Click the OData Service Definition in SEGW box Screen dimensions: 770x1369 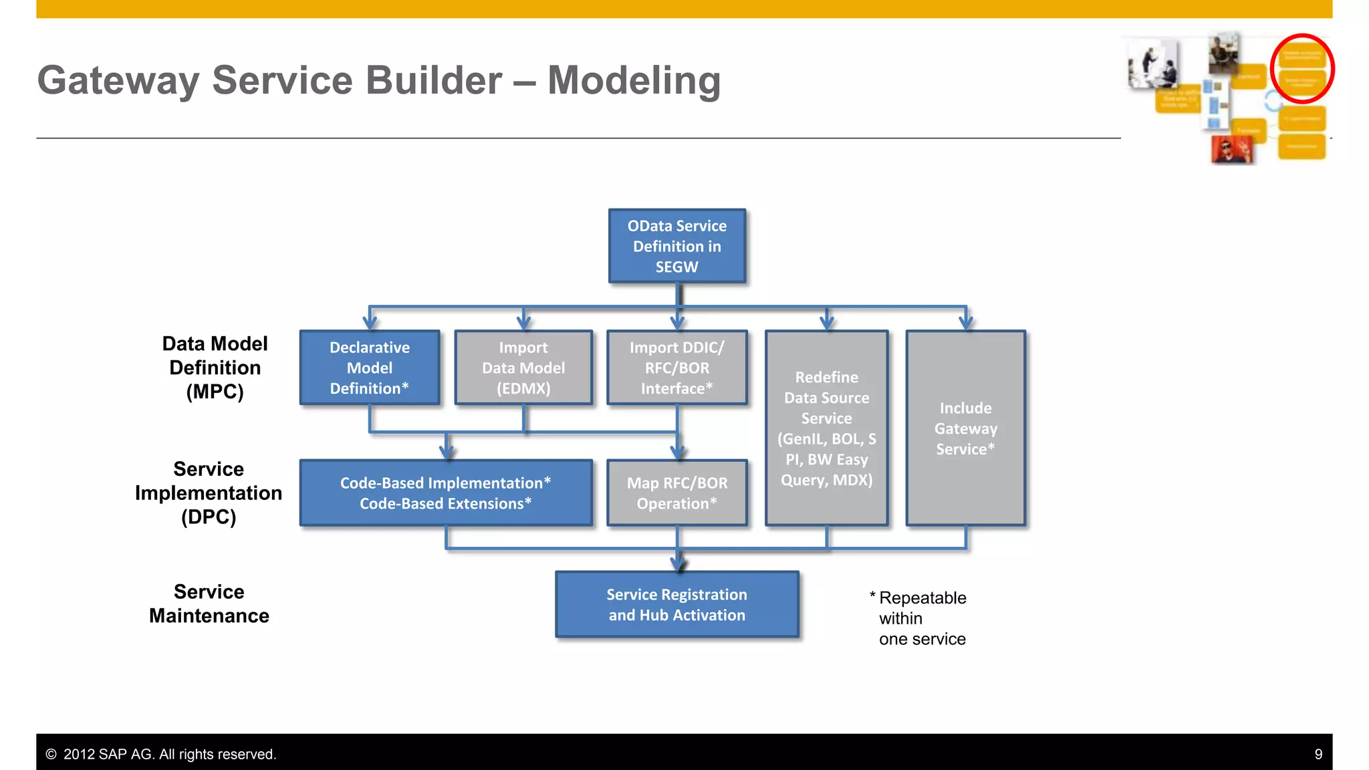(676, 246)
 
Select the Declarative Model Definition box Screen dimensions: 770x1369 (370, 368)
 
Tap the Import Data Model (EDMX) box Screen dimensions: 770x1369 (523, 368)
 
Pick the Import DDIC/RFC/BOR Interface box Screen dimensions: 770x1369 (676, 368)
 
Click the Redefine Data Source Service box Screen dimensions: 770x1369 (826, 428)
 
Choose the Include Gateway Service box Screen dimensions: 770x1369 (965, 428)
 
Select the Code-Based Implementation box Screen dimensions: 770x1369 (446, 493)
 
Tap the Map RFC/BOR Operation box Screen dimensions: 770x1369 (676, 493)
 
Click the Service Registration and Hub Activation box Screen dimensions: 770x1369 (676, 604)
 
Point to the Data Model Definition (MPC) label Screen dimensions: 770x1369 (215, 368)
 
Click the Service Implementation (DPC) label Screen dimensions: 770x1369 (209, 493)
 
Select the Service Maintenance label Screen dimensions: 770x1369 (209, 604)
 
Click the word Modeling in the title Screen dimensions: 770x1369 (634, 80)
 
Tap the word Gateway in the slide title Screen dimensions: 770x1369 (118, 80)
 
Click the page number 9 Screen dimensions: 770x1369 (1318, 754)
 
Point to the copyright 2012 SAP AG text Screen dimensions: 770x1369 (161, 754)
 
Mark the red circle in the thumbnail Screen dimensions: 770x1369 (1302, 68)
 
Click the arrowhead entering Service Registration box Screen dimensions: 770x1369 (678, 565)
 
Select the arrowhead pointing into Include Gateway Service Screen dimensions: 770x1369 (966, 323)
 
